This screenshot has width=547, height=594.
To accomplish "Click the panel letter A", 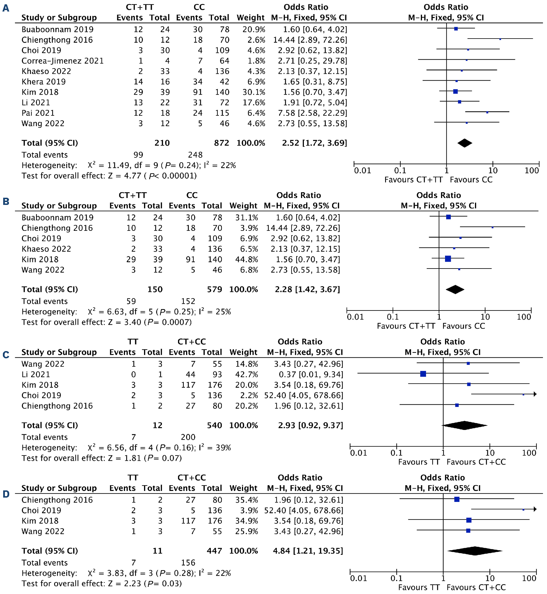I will tap(6, 8).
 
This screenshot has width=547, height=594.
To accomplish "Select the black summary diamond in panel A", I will tap(464, 143).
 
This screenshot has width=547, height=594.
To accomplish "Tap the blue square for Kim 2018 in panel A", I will tap(455, 92).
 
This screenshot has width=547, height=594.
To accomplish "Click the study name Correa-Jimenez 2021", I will tap(63, 61).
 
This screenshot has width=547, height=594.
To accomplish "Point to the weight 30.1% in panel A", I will tap(254, 92).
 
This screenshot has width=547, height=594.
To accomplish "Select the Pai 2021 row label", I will tap(38, 113).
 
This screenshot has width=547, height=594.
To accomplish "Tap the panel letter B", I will tap(6, 201).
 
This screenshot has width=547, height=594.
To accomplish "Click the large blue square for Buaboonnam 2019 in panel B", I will tap(448, 217).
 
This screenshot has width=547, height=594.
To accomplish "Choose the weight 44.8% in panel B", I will tap(247, 260).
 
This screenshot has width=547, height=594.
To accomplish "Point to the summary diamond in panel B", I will tap(455, 289).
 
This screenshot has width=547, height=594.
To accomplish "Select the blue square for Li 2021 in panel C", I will tap(423, 374).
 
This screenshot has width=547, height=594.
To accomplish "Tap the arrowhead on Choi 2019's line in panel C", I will tap(535, 394).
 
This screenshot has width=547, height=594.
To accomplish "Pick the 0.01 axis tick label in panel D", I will tap(358, 578).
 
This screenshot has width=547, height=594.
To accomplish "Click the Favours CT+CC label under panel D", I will tap(476, 587).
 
